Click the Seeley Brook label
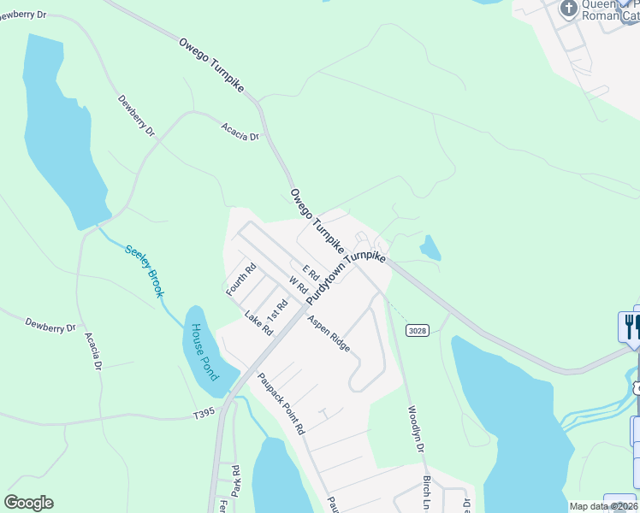145,272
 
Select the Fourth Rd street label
241,279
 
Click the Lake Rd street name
258,322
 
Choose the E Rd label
310,273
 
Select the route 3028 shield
417,331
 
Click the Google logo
29,503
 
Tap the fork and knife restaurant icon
630,327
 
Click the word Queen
599,4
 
